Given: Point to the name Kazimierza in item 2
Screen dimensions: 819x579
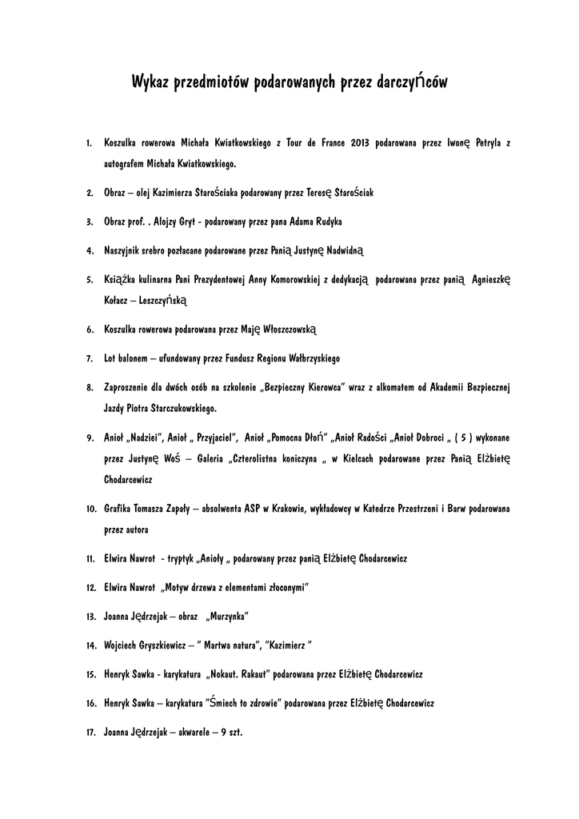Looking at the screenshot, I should [193, 193].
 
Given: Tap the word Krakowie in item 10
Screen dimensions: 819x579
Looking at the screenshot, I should [292, 508].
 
